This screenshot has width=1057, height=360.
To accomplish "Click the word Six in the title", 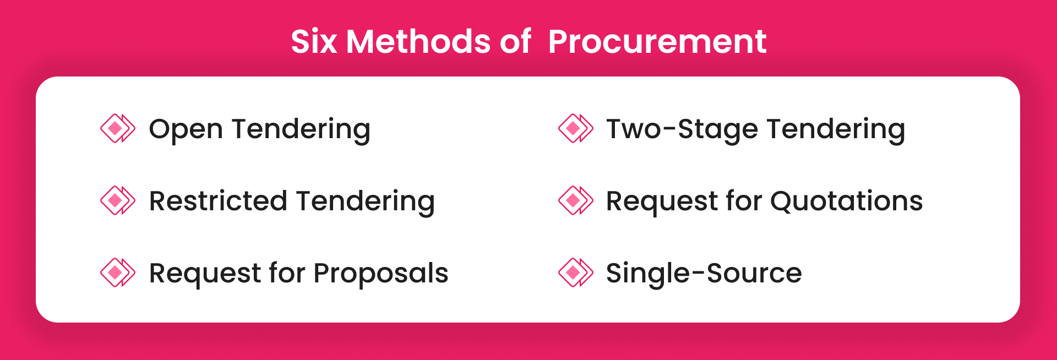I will pos(313,42).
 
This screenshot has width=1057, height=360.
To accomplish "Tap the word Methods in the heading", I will pos(418,42).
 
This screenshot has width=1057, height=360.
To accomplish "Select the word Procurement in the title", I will pos(657,42).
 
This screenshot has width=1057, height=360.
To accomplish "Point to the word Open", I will pos(186,130).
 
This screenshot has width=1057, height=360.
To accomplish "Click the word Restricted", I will pos(218,201).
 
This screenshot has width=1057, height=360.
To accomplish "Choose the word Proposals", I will pos(380,274).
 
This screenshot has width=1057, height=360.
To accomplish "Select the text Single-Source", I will pos(704,274).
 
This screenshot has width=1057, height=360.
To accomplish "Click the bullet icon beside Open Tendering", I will pos(117,128).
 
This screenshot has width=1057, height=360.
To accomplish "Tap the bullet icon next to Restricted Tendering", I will pos(117,200).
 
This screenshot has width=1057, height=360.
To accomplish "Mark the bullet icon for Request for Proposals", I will pos(117,272).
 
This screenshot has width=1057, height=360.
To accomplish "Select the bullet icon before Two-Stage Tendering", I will pos(575,128).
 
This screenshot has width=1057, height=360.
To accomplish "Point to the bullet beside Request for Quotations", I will pos(575,200).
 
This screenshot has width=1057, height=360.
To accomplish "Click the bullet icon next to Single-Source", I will pos(575,272).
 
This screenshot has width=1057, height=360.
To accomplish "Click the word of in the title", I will pos(515,42).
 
